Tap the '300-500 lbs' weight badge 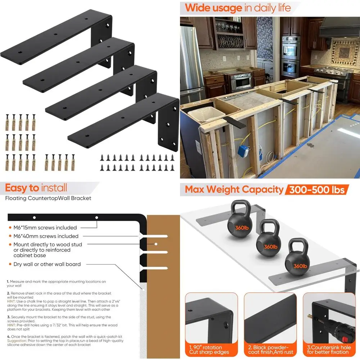(317, 189)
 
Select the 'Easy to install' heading (36, 188)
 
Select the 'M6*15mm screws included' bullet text (45, 228)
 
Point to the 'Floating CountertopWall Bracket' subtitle (48, 198)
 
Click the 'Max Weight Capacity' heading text (234, 189)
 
